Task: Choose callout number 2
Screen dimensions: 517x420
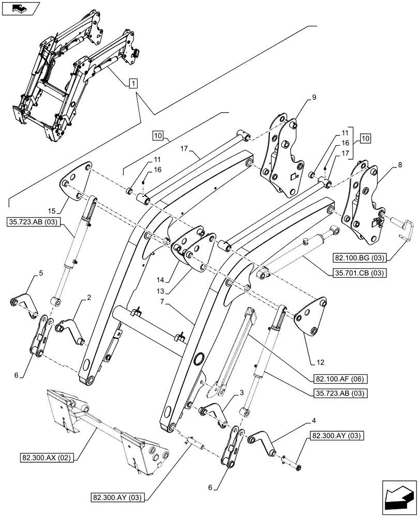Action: pos(89,298)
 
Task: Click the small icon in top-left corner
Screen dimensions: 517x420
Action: pos(20,8)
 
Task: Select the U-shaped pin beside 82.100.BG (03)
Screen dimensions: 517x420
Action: pos(403,227)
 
